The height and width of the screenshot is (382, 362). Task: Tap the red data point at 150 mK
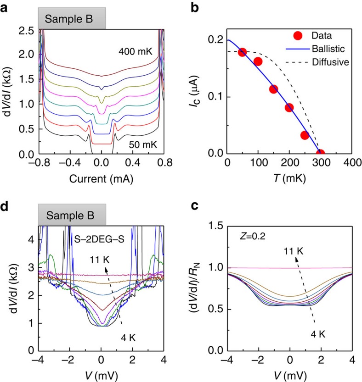(x=274, y=89)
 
